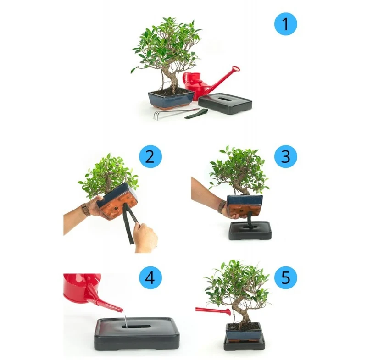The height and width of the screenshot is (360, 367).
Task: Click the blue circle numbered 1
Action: click(285, 24)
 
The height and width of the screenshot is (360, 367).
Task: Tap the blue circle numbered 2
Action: click(150, 156)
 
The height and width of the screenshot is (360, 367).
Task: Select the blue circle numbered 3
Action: click(285, 156)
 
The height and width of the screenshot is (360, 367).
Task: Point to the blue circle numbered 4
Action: click(150, 277)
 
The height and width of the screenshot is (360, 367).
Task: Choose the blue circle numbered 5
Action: click(285, 277)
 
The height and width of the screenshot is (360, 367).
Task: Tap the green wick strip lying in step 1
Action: click(196, 114)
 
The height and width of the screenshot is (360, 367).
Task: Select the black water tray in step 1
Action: click(225, 103)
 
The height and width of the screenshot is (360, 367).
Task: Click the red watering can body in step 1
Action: click(194, 85)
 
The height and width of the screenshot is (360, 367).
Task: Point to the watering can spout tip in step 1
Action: click(236, 69)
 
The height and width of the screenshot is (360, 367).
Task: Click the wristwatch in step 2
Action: click(85, 210)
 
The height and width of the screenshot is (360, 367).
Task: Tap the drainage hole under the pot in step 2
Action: click(116, 208)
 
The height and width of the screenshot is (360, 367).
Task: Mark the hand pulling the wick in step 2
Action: click(145, 238)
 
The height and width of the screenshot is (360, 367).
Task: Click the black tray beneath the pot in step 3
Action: click(250, 230)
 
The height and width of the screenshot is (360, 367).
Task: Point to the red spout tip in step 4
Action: click(121, 310)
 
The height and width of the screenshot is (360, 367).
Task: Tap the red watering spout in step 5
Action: click(213, 311)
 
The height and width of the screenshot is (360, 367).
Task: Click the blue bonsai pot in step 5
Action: click(244, 332)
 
